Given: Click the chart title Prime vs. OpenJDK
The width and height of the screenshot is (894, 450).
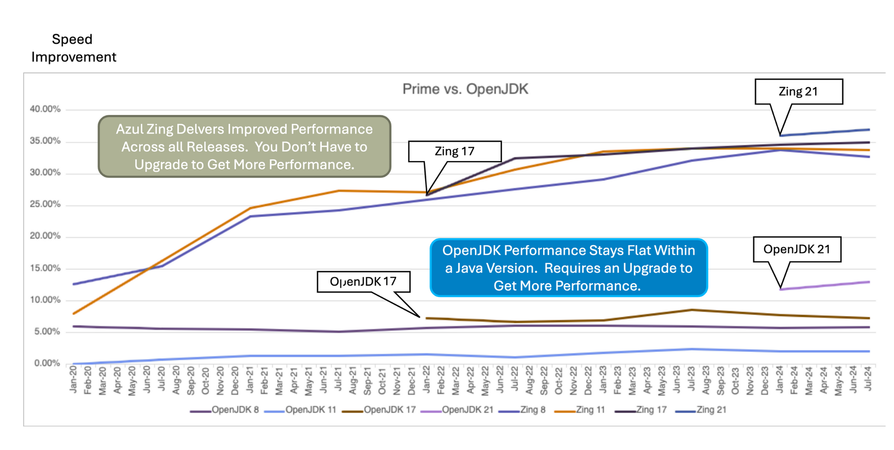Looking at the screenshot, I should tap(465, 89).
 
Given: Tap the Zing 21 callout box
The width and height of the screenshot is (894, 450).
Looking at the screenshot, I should tap(798, 92).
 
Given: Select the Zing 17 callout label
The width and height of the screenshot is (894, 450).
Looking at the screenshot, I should tap(455, 151).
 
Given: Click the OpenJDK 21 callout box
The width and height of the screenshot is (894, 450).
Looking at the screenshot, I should tap(796, 249).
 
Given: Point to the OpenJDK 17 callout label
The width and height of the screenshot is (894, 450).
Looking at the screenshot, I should tap(363, 282).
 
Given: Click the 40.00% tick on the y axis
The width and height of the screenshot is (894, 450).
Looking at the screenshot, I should tap(45, 109).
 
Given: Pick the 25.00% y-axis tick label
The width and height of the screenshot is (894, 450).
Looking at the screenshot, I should tap(45, 204).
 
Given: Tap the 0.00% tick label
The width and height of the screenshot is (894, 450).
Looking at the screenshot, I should tap(47, 363).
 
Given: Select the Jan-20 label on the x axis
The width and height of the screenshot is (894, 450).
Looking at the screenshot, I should tap(73, 379).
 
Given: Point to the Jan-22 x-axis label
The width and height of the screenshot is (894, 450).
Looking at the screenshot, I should tap(427, 379).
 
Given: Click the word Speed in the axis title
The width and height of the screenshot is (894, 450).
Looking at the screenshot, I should tap(72, 39).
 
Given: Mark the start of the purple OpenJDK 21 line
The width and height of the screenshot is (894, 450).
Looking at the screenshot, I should tap(781, 289).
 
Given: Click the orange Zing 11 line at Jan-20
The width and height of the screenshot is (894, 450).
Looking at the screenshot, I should tap(73, 314).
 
